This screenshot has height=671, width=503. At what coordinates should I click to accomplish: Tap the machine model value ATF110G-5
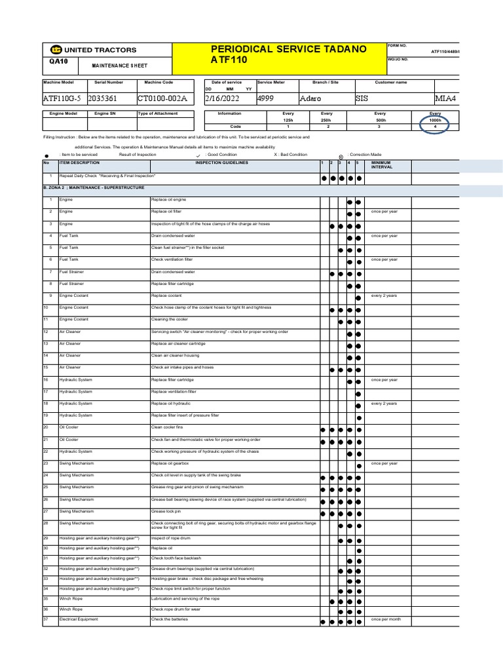coord(63,99)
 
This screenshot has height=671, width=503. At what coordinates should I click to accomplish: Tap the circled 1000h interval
coord(435,121)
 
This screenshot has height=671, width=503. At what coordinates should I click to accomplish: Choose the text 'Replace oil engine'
coord(169,199)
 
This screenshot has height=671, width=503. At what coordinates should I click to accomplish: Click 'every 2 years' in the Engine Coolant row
coord(384,296)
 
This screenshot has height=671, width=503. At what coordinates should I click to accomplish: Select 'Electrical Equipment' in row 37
coord(78,619)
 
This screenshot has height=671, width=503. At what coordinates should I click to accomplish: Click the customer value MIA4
coord(445,99)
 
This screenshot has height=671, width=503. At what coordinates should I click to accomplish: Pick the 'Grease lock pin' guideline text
coord(166,511)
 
